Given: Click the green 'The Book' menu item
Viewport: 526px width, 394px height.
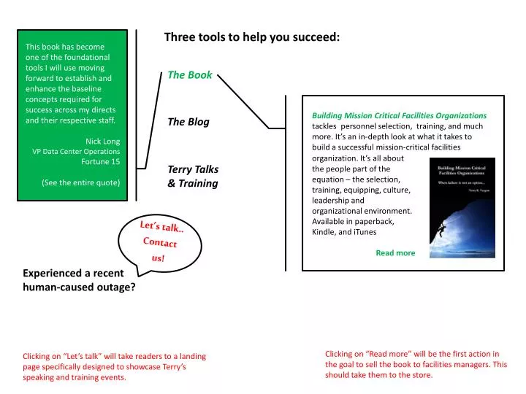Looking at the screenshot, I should (190, 75).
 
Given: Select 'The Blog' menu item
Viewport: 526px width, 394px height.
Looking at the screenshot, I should (188, 122).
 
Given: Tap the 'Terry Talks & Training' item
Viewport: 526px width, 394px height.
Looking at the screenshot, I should (193, 177).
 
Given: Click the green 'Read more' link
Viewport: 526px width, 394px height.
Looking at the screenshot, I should (395, 253).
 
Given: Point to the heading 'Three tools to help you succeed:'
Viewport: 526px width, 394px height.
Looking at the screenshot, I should (252, 36).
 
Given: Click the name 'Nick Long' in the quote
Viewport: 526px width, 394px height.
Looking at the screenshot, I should (103, 141).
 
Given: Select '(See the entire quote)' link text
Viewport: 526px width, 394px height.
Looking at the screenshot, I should (81, 182).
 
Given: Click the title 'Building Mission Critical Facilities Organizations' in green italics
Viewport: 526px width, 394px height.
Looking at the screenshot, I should (399, 115).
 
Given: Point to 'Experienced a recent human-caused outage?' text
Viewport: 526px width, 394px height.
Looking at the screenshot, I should (79, 280).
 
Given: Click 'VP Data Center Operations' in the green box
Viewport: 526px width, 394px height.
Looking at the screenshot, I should (76, 152).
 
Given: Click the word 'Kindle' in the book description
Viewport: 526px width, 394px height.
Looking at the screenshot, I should (324, 232).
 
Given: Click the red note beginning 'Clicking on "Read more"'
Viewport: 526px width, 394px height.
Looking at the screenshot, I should (416, 364).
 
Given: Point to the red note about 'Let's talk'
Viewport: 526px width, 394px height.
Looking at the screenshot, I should (114, 367).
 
